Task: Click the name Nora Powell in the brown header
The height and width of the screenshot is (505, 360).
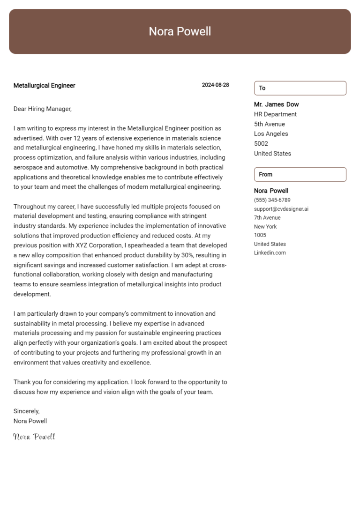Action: [180, 31]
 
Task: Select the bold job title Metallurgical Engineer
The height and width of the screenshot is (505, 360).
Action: [44, 85]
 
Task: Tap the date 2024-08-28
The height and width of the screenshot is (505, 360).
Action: [215, 85]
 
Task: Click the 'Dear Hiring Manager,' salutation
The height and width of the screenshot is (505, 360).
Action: [43, 109]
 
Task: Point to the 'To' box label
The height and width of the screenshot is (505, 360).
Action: [262, 88]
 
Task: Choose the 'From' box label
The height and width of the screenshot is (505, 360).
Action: [265, 174]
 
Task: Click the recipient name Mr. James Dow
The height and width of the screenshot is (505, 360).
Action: [276, 104]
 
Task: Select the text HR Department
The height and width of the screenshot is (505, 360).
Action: [275, 114]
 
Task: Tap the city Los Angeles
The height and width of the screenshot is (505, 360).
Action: [271, 134]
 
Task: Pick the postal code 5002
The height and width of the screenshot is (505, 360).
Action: [261, 144]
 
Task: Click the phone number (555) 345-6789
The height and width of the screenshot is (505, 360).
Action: [272, 200]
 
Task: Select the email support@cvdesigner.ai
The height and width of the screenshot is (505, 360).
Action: [281, 209]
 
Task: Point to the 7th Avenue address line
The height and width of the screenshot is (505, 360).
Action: [267, 218]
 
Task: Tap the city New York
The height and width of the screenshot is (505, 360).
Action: [265, 227]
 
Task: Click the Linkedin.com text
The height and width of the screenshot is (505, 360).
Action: [270, 253]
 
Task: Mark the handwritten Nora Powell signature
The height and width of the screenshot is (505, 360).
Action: [34, 437]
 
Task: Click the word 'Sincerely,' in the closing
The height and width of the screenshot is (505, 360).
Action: [27, 411]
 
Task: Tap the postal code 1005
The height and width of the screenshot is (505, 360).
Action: [260, 235]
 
